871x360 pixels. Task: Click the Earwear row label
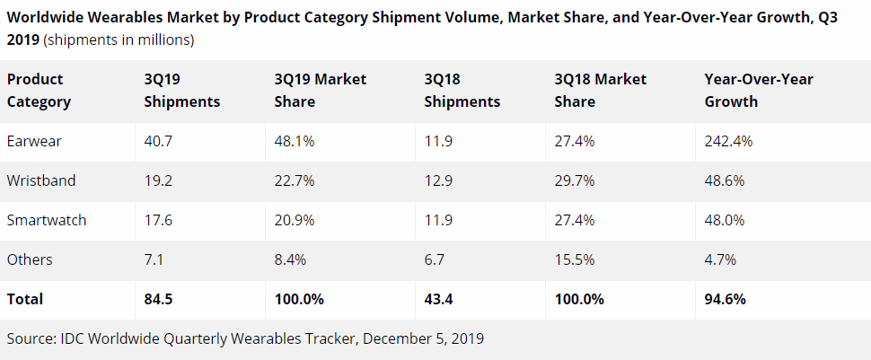[33, 141]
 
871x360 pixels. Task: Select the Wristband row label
[40, 180]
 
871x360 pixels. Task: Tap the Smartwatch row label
[47, 220]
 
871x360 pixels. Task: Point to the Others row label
[29, 259]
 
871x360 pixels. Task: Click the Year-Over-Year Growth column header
[759, 90]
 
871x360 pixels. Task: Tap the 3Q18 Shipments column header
[462, 90]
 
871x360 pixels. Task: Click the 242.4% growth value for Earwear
[728, 141]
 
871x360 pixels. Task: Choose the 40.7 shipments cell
[159, 141]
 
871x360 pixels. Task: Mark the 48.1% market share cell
[295, 141]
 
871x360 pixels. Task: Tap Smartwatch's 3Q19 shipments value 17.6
[158, 220]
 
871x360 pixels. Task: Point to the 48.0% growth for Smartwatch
[725, 220]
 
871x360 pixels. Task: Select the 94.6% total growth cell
[726, 299]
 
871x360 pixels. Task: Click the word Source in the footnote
[31, 338]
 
